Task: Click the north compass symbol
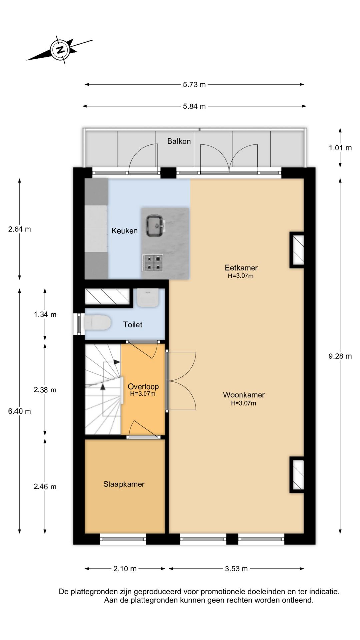pos(60,50)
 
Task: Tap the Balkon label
pos(179,141)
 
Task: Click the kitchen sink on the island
pos(155,226)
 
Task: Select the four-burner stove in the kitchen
pos(152,263)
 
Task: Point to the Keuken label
pos(124,231)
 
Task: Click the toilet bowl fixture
pos(97,323)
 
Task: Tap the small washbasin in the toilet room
pos(148,298)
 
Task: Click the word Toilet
pos(133,324)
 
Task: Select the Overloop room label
pos(143,387)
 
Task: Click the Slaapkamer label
pos(124,484)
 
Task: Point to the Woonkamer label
pos(244,395)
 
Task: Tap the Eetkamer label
pos(241,268)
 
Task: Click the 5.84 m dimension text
pos(194,106)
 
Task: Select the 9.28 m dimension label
pos(340,356)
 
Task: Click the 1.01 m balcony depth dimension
pos(340,148)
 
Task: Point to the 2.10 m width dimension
pos(125,569)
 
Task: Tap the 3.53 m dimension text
pos(236,569)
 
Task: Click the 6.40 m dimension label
pos(20,411)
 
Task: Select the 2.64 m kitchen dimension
pos(20,229)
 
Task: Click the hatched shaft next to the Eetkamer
pos(297,250)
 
